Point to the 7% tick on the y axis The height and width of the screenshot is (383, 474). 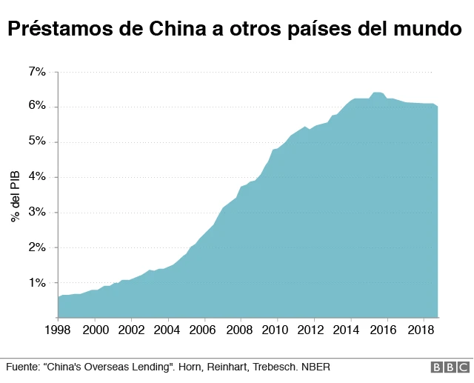click(x=37, y=72)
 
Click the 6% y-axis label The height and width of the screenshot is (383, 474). click(x=37, y=107)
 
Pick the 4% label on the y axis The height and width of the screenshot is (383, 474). click(x=37, y=177)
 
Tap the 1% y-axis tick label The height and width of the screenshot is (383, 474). click(x=37, y=283)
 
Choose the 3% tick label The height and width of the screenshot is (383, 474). click(x=37, y=213)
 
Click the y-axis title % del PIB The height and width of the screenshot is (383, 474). click(x=15, y=195)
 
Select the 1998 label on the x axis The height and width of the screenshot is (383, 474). click(x=59, y=329)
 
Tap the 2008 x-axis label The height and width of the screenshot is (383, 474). click(x=239, y=329)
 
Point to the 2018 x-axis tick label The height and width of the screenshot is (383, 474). click(x=421, y=329)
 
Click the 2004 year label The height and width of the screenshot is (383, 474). click(x=167, y=329)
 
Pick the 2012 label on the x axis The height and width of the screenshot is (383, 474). click(x=312, y=329)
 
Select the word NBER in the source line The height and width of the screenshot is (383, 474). click(x=315, y=367)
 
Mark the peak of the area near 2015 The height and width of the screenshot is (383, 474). click(x=376, y=93)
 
